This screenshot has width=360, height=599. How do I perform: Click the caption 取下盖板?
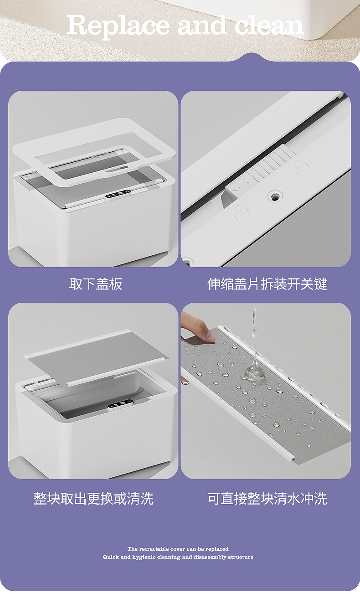96,284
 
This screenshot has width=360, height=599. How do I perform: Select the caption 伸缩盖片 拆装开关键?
267,284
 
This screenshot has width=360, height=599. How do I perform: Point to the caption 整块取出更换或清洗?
93,499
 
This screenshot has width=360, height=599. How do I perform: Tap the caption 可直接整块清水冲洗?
267,499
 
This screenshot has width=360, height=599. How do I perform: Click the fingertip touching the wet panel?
210,336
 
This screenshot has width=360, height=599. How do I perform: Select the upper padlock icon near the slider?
301,168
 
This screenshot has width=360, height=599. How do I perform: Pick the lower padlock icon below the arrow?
241,213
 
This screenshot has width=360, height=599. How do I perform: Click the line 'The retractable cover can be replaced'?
178,549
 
